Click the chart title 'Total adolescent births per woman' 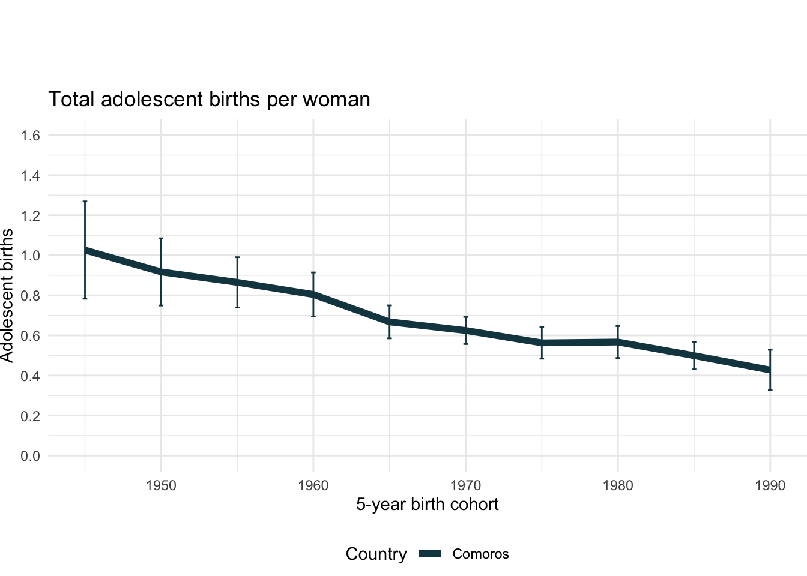pos(209,99)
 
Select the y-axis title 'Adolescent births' pos(7,295)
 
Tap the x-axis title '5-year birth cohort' pos(427,504)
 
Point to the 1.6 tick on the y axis pos(31,136)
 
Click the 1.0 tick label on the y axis pos(31,256)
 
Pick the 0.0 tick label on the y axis pos(31,456)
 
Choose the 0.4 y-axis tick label pos(31,376)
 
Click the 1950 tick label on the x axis pos(161,485)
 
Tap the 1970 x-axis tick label pos(465,485)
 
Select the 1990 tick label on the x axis pos(770,485)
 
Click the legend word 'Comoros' pos(480,554)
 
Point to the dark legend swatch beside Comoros pos(431,554)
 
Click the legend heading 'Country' pos(376,554)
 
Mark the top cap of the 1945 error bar pos(85,202)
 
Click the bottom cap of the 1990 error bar pos(770,390)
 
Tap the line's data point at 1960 pos(313,295)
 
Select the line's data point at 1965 pos(390,322)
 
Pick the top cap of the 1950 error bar pos(161,238)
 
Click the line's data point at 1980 pos(618,342)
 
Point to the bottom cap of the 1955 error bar pos(237,307)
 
